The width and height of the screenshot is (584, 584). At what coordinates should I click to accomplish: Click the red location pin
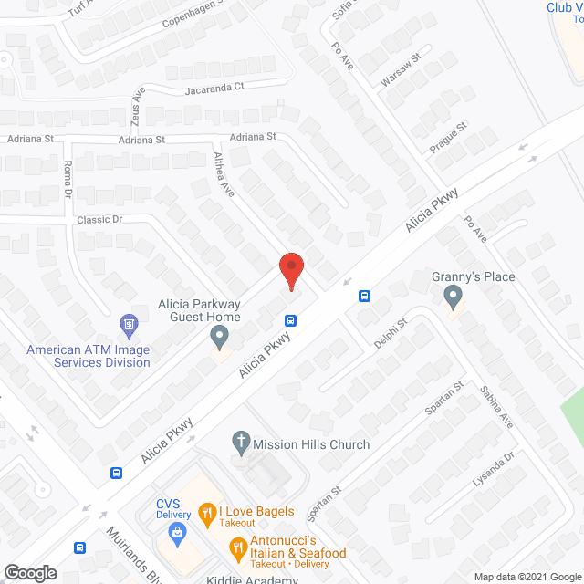290,271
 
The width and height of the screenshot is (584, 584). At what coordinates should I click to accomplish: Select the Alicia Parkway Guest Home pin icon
219,337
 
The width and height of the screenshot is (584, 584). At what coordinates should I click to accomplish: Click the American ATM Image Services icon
129,324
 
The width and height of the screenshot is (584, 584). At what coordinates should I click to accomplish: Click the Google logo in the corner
30,573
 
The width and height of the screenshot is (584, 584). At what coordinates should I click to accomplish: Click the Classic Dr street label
99,220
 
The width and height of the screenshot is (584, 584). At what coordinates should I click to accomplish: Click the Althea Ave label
224,174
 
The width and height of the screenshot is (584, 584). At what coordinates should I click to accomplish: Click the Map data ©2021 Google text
527,576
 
